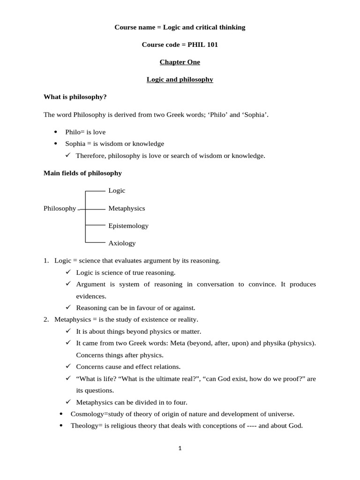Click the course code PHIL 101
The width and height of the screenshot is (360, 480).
pyautogui.click(x=202, y=45)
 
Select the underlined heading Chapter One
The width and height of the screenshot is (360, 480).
pyautogui.click(x=180, y=62)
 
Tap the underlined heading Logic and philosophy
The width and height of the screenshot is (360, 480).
pyautogui.click(x=180, y=79)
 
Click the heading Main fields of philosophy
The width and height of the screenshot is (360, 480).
pyautogui.click(x=82, y=173)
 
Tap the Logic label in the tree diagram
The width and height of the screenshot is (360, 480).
pyautogui.click(x=117, y=190)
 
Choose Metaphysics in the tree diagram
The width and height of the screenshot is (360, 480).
pyautogui.click(x=127, y=208)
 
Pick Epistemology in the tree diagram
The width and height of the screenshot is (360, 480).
pyautogui.click(x=128, y=225)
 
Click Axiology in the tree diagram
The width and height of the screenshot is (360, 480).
pyautogui.click(x=122, y=243)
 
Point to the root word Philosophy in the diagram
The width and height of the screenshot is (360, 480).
pyautogui.click(x=60, y=208)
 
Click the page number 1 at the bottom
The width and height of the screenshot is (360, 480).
pyautogui.click(x=180, y=448)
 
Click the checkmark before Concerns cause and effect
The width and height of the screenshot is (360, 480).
pyautogui.click(x=68, y=366)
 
